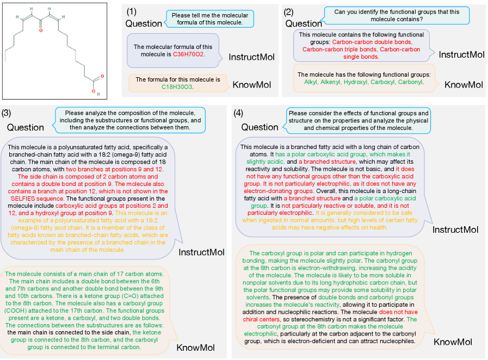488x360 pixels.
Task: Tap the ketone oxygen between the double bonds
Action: click(x=40, y=30)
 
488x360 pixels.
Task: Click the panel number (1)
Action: click(x=132, y=11)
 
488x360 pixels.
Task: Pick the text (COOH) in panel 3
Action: click(x=21, y=311)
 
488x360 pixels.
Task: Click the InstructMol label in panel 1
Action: click(x=251, y=57)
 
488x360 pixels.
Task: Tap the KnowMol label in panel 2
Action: click(x=464, y=84)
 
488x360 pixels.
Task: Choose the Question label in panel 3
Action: click(x=26, y=127)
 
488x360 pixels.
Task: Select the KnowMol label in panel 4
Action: click(x=452, y=342)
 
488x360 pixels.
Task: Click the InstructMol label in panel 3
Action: click(x=201, y=252)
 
